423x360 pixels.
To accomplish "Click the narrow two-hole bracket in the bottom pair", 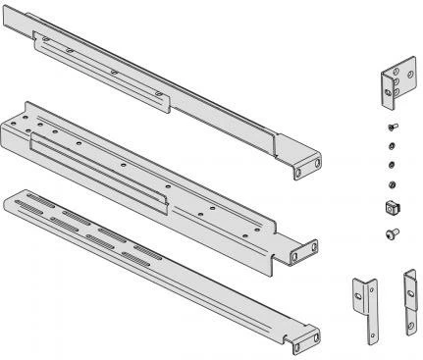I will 406,298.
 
